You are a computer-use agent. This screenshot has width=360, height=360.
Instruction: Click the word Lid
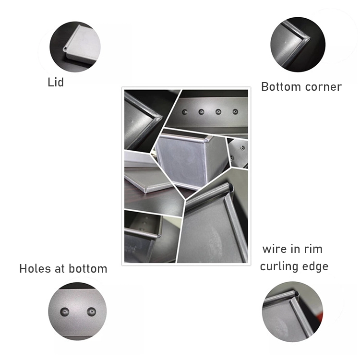click(x=56, y=82)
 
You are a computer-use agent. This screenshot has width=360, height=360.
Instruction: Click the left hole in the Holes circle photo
click(x=64, y=312)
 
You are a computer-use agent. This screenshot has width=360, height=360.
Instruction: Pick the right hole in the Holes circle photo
click(x=91, y=312)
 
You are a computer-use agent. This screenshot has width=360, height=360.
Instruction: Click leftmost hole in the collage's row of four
click(x=184, y=112)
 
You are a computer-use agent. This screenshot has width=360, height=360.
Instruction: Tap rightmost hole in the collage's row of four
click(x=235, y=111)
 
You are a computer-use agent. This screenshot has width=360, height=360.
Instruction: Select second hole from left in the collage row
click(x=201, y=112)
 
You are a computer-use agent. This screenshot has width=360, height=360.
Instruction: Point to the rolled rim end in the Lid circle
click(x=65, y=48)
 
